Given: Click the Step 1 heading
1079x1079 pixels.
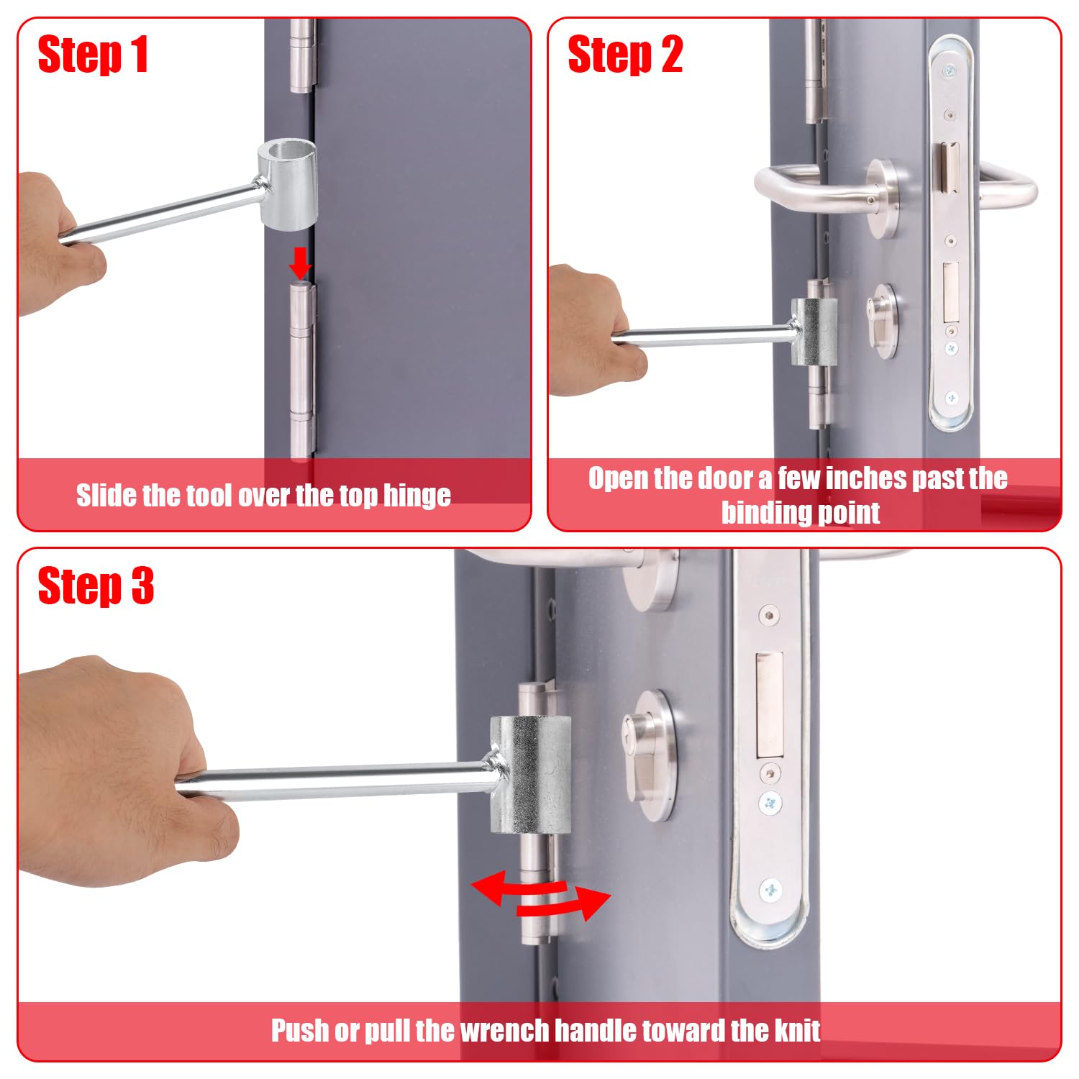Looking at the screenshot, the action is point(93,55).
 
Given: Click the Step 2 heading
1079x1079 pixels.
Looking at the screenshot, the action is point(625,55).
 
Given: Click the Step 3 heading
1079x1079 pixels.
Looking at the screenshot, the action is point(96,586).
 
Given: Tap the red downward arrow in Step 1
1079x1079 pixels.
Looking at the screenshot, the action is point(300,263).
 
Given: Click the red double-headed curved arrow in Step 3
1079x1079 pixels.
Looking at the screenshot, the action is point(541,895).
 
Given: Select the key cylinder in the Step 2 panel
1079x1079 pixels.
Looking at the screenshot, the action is point(883,320).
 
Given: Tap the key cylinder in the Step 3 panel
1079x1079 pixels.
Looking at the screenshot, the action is point(649,755).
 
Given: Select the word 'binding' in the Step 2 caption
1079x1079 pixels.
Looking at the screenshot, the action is point(764,513).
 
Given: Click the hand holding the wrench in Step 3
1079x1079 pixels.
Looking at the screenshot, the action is point(115,762).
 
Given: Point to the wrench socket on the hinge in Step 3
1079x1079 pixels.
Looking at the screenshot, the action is point(531,775).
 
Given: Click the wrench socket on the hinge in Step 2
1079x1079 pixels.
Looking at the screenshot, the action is point(814,332).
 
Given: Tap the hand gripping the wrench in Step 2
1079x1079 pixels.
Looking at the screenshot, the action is point(594,331).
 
